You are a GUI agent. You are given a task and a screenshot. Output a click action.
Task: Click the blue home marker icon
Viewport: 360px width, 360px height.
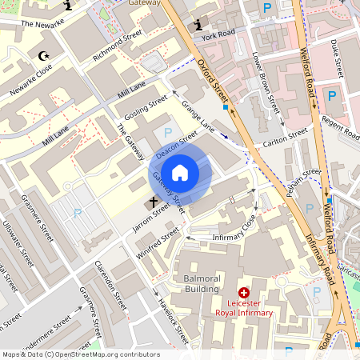click(x=180, y=172)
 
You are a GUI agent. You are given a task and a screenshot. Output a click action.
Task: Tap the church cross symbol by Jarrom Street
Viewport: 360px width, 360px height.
click(x=153, y=203)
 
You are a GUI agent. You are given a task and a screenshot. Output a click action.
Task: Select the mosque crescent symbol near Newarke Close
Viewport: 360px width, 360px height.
click(x=42, y=56)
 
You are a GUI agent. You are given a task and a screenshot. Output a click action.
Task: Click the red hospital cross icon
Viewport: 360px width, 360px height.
click(x=244, y=294)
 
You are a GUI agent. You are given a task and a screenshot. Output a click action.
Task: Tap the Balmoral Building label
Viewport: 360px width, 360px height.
click(x=190, y=283)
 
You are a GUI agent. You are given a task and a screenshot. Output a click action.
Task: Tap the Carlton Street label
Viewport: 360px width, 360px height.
click(x=286, y=138)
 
